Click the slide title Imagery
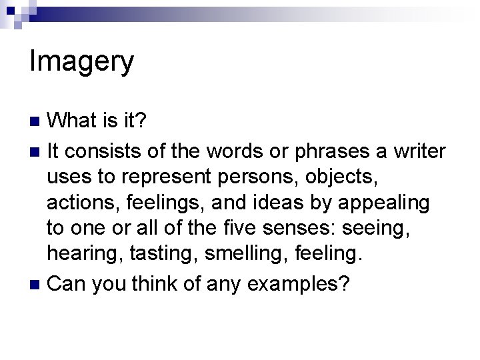coord(82,62)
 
